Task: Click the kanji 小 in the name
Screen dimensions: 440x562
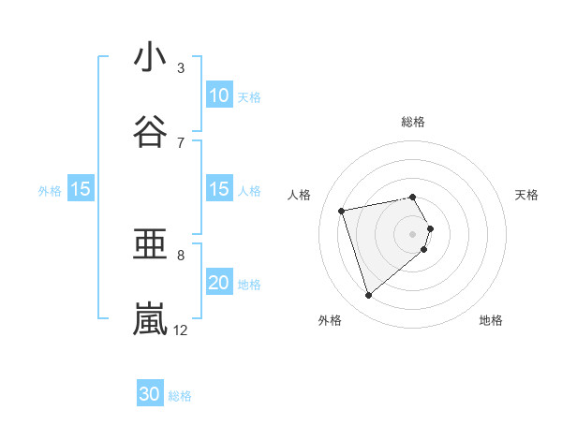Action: tap(150, 57)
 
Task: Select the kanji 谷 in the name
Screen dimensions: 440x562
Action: tap(150, 131)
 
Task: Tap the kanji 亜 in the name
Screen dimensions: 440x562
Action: tap(150, 245)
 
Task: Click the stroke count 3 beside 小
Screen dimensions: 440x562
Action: tap(181, 67)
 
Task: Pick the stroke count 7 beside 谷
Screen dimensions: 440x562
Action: tap(181, 142)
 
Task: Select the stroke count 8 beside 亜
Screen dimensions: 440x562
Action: tap(181, 255)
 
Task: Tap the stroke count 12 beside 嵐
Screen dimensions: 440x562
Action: tap(181, 330)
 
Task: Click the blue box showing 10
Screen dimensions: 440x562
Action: tap(218, 95)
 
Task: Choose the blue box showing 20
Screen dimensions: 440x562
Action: tap(218, 283)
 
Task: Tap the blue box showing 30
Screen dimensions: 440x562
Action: tap(150, 394)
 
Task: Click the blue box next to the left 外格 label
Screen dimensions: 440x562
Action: tap(81, 189)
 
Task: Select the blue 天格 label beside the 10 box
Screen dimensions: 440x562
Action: tap(249, 96)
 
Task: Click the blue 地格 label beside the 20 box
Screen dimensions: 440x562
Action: tap(249, 284)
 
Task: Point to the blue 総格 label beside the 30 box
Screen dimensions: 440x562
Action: tap(180, 396)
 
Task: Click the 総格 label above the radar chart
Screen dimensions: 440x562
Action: tap(413, 122)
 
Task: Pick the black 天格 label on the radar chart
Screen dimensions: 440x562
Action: tap(526, 195)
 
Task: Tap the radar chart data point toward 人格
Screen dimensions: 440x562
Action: tap(343, 210)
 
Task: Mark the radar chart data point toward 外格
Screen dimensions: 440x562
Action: tap(368, 296)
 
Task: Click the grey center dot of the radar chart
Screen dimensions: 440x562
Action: tap(413, 233)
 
